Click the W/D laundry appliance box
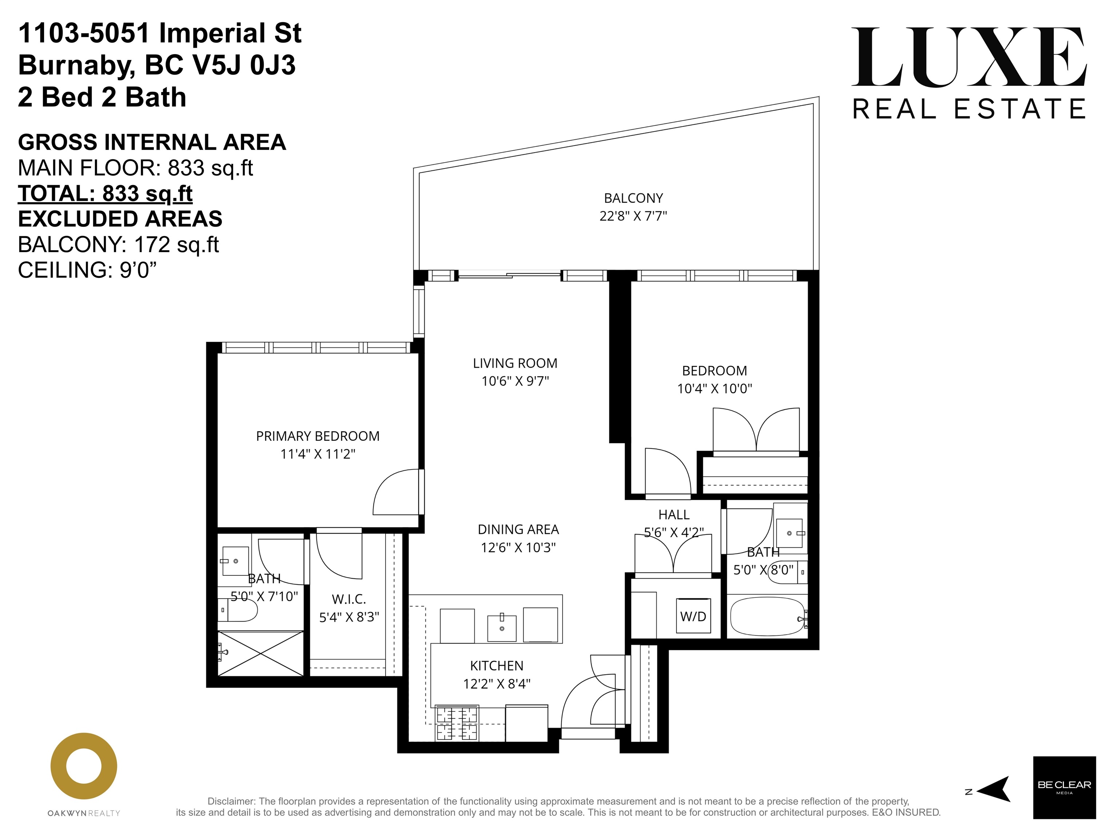pyautogui.click(x=693, y=616)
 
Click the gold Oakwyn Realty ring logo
pyautogui.click(x=84, y=766)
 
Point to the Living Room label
pyautogui.click(x=515, y=363)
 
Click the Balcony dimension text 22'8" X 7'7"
pyautogui.click(x=633, y=216)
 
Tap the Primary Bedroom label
pyautogui.click(x=318, y=436)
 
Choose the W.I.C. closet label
pyautogui.click(x=349, y=599)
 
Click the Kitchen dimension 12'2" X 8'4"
pyautogui.click(x=497, y=684)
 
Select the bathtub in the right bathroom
pyautogui.click(x=767, y=616)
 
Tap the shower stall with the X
pyautogui.click(x=260, y=653)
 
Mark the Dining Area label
pyautogui.click(x=518, y=530)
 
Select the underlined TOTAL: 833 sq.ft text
pyautogui.click(x=105, y=193)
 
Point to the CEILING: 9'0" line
pyautogui.click(x=87, y=270)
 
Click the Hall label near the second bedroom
pyautogui.click(x=674, y=515)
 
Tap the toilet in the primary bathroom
pyautogui.click(x=238, y=610)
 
